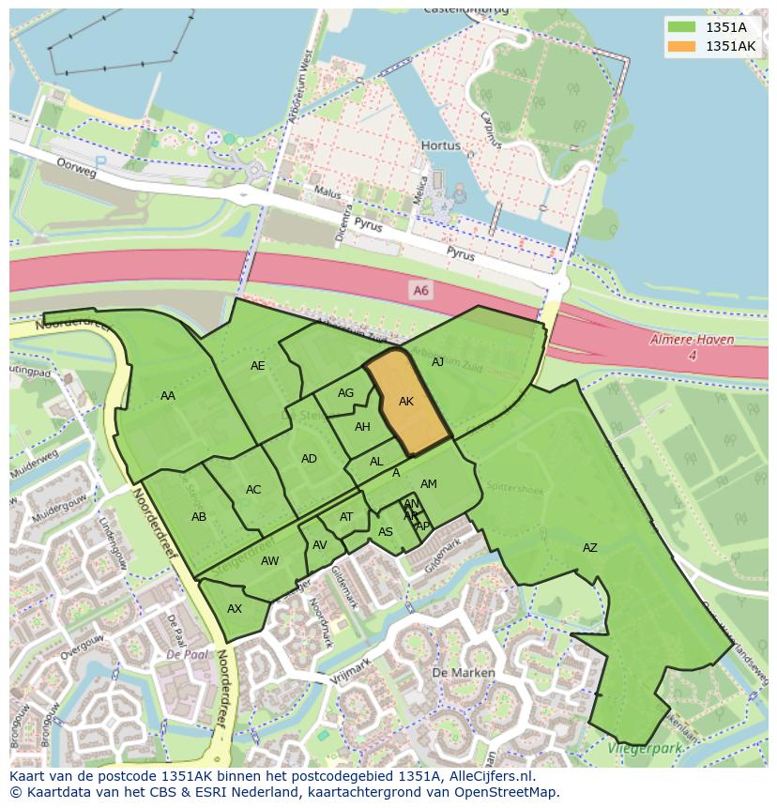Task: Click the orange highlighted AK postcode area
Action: [x=407, y=401]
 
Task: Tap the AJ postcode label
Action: [x=437, y=361]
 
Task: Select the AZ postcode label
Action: [x=589, y=548]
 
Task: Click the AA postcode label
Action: [x=167, y=396]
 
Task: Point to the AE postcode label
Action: [x=257, y=366]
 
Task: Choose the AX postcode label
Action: [x=235, y=609]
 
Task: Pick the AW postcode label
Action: [x=269, y=561]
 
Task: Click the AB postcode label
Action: [x=199, y=517]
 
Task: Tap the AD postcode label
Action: [x=309, y=459]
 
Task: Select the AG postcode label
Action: [x=345, y=393]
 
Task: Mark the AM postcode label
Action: [x=429, y=484]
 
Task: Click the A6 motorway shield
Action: [x=420, y=291]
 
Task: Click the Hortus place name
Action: [x=440, y=146]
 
